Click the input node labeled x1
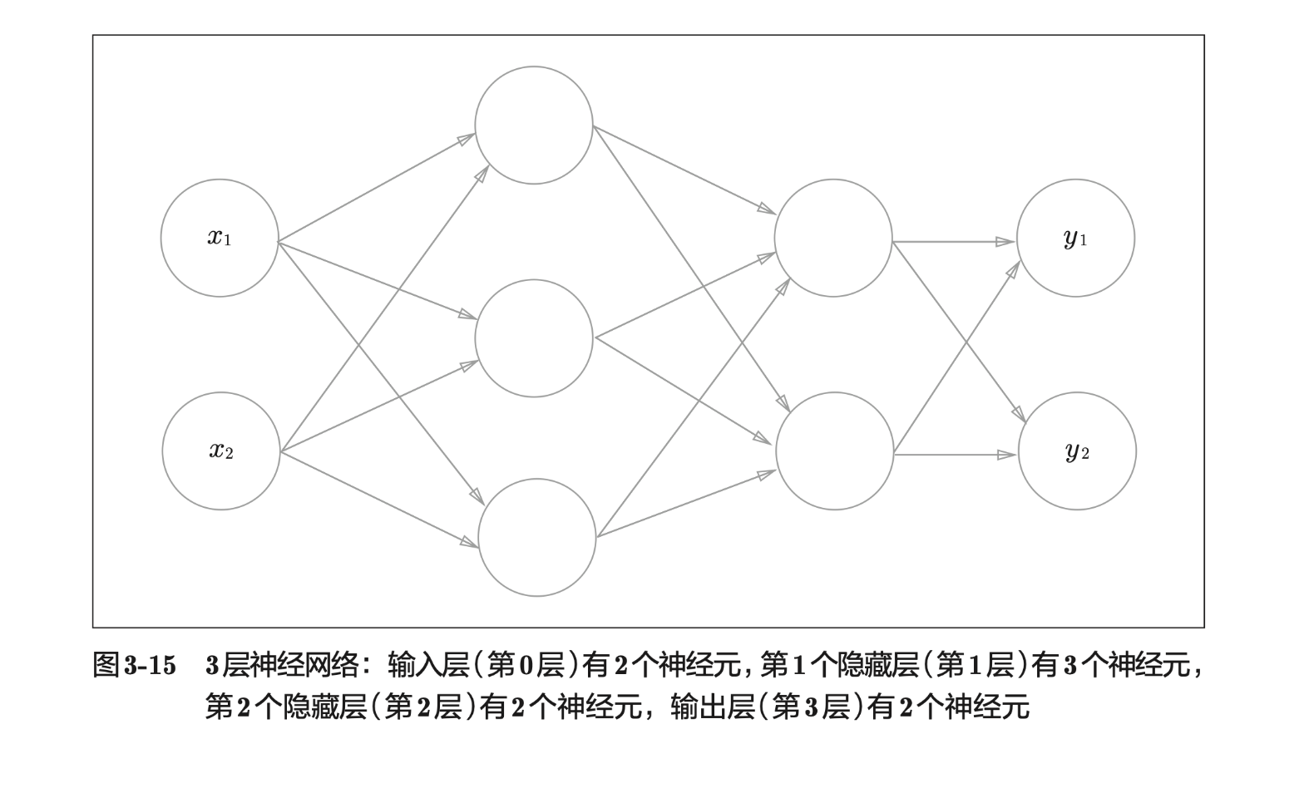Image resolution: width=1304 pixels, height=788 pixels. pyautogui.click(x=220, y=238)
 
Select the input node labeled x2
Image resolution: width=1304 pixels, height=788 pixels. pyautogui.click(x=221, y=451)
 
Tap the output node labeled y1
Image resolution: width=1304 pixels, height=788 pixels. pyautogui.click(x=1075, y=238)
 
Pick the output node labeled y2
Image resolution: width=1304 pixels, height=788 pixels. pyautogui.click(x=1077, y=451)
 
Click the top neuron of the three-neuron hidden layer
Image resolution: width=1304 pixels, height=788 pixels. pyautogui.click(x=534, y=125)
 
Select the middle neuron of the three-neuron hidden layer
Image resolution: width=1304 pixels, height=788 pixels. pyautogui.click(x=534, y=337)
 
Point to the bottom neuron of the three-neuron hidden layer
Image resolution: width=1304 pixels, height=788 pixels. pyautogui.click(x=536, y=537)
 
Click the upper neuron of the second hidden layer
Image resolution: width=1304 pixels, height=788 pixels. pyautogui.click(x=833, y=238)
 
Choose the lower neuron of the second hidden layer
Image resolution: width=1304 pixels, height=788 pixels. pyautogui.click(x=834, y=451)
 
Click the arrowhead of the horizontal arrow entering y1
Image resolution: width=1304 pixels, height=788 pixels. pyautogui.click(x=1006, y=242)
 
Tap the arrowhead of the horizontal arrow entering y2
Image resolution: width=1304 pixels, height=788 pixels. pyautogui.click(x=1008, y=455)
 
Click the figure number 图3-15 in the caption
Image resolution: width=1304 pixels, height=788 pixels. pyautogui.click(x=134, y=666)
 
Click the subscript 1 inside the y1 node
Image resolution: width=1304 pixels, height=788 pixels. pyautogui.click(x=1084, y=242)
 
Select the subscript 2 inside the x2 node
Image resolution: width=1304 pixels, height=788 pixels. pyautogui.click(x=229, y=455)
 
